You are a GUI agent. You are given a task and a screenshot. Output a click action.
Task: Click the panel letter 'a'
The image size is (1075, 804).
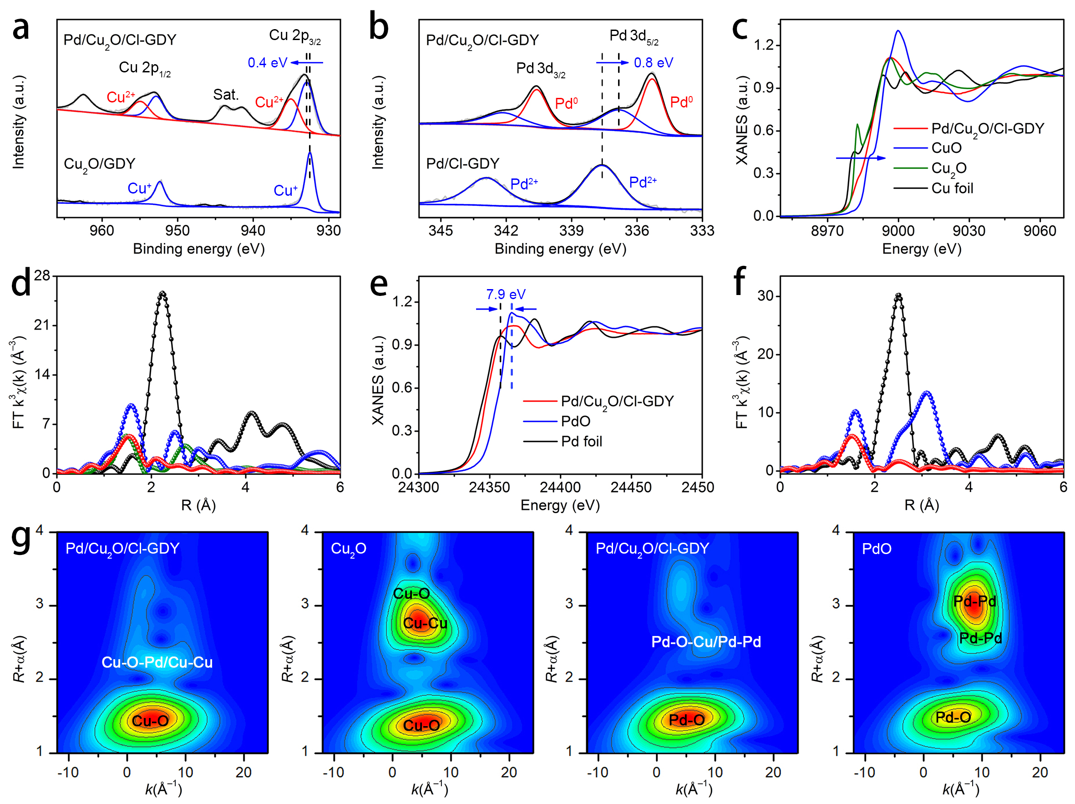[x=21, y=28]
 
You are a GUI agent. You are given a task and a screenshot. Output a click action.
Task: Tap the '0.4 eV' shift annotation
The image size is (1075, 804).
[x=267, y=63]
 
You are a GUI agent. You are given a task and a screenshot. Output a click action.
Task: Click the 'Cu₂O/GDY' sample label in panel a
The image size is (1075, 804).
[x=100, y=164]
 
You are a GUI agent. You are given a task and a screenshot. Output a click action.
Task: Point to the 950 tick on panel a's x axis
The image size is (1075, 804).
[x=177, y=230]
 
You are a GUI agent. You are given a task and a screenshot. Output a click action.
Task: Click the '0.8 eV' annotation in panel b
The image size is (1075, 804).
[x=653, y=63]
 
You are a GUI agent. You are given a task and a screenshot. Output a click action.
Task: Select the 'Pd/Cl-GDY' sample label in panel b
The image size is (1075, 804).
[x=463, y=163]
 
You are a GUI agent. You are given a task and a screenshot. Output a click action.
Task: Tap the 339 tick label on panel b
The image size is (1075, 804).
[x=572, y=230]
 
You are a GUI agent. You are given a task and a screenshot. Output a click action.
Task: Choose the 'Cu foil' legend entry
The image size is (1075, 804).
[x=952, y=188]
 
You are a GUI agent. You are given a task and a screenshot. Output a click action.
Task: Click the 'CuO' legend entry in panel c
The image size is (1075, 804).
[x=946, y=148]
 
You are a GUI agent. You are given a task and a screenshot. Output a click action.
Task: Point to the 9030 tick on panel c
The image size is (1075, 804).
[x=969, y=230]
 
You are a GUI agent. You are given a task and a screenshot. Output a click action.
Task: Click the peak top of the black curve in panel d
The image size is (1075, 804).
[x=163, y=293]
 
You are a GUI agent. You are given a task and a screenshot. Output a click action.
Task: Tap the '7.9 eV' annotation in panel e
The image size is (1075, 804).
[x=506, y=294]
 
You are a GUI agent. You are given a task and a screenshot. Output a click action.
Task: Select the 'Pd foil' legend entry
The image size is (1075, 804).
[x=581, y=441]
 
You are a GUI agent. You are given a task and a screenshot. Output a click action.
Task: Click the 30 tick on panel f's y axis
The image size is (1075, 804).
[x=765, y=296]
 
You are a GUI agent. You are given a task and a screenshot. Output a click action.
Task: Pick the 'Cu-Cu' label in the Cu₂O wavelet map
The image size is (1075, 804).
[x=425, y=623]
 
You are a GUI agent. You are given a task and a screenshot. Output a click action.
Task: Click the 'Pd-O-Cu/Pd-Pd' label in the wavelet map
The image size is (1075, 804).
[x=705, y=641]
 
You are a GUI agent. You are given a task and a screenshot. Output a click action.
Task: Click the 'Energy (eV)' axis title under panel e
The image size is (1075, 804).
[x=560, y=505]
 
